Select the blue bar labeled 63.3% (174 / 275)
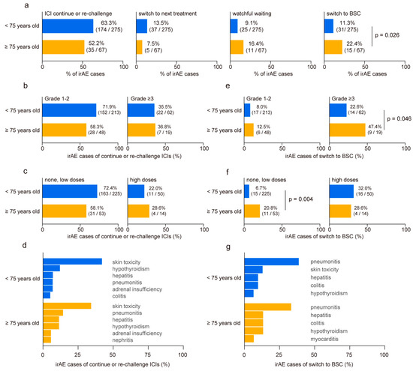click(68, 26)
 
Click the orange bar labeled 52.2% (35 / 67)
click(64, 48)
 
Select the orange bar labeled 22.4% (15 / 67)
click(334, 48)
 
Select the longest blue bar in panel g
click(270, 262)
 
